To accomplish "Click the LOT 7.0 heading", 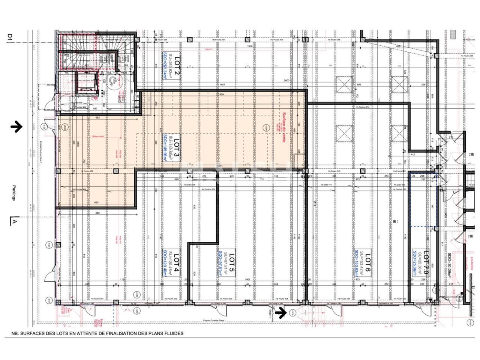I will [x=426, y=262].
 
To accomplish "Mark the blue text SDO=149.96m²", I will [x=164, y=147].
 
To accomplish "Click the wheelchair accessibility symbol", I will [x=112, y=81].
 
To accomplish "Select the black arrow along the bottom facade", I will [x=280, y=311].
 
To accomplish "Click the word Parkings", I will [x=13, y=193].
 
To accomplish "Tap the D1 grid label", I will [x=10, y=37].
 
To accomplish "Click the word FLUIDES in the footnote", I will [x=172, y=333].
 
